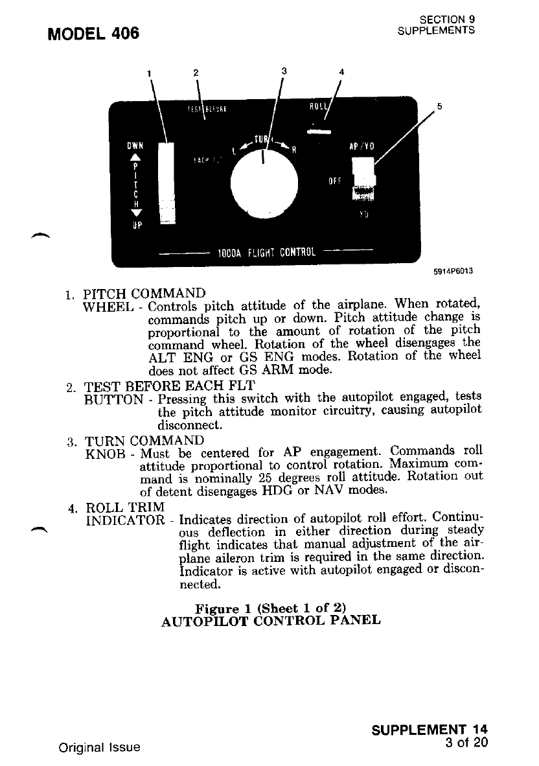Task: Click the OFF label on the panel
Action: tap(334, 181)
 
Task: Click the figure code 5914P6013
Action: tap(453, 273)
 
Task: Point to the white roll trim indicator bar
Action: tap(319, 132)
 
